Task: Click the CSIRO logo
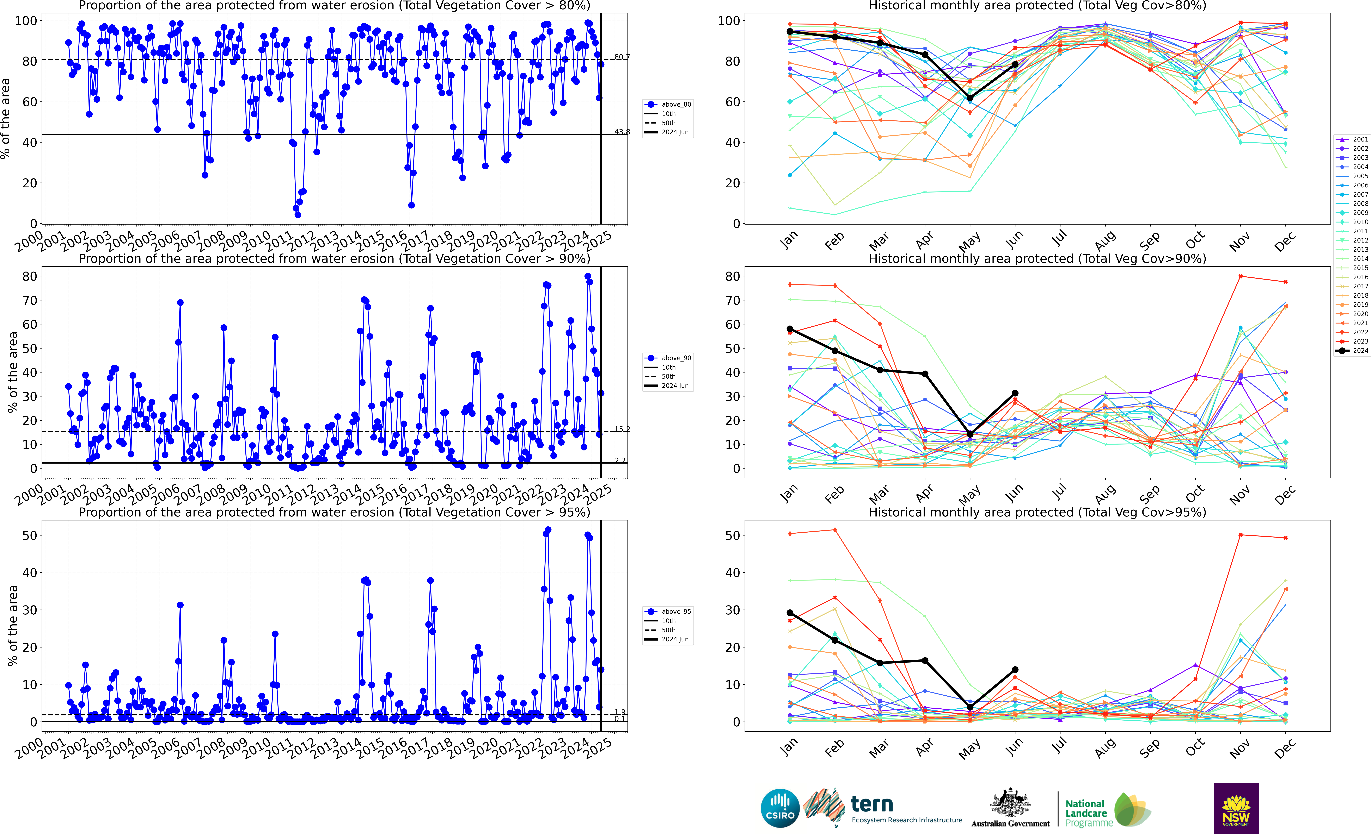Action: (x=780, y=808)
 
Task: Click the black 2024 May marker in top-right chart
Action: (x=970, y=98)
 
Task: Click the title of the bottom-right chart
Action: (x=1037, y=512)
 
